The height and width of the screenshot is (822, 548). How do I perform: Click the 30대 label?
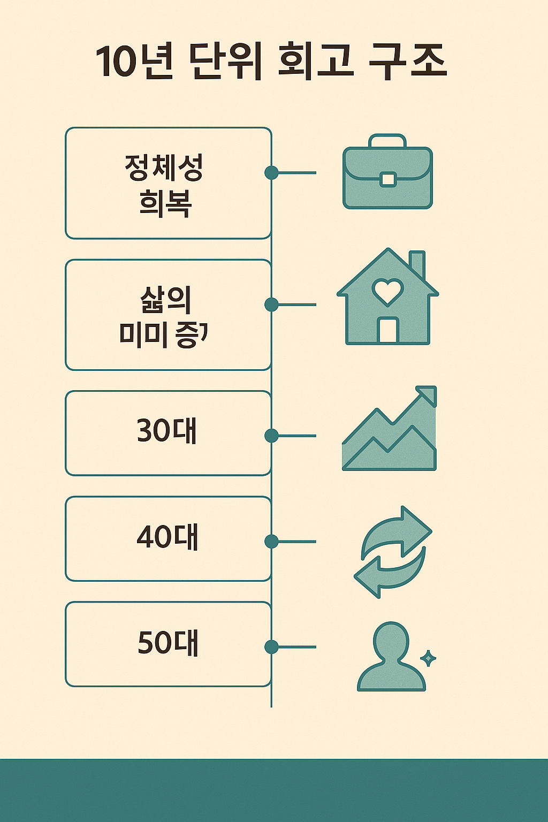point(167,431)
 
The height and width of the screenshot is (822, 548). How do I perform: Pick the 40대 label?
point(167,537)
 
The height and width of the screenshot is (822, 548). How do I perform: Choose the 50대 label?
point(168,643)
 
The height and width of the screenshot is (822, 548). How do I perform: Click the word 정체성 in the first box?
point(164,168)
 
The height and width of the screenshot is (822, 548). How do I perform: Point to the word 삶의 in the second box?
point(165,300)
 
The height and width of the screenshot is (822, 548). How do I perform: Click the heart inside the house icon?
point(387,291)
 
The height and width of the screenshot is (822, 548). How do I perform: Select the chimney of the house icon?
point(417,263)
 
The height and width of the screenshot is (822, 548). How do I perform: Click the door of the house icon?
point(387,330)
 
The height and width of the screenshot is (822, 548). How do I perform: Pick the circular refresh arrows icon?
point(393,552)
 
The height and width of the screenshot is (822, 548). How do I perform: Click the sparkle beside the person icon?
point(428,658)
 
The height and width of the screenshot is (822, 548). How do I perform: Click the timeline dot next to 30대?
point(271,436)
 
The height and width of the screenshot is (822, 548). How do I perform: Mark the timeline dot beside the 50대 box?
point(271,646)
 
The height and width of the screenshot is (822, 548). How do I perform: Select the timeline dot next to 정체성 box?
point(271,172)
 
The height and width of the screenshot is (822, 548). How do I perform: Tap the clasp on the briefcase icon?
point(388,179)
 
